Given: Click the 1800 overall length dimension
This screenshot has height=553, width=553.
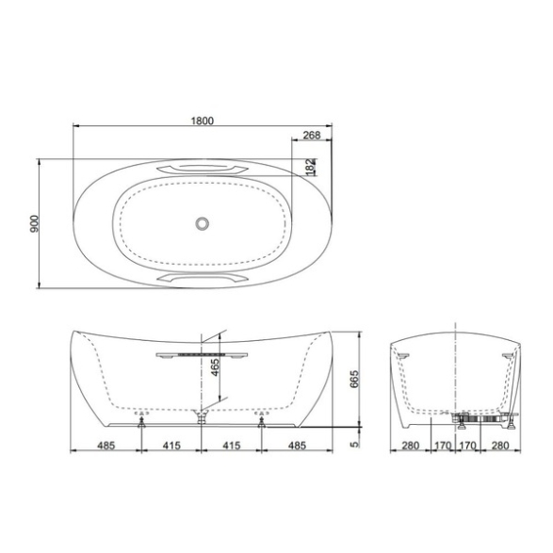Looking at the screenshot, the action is click(203, 121).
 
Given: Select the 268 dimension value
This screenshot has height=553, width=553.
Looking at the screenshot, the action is click(312, 135).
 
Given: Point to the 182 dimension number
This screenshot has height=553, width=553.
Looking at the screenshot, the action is click(310, 167).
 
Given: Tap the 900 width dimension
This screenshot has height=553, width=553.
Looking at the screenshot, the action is click(34, 223).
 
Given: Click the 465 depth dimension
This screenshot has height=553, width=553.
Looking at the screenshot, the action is click(215, 367).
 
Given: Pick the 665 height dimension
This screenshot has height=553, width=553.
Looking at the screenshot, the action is click(354, 379).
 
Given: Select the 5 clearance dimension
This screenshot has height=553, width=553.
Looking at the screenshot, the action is click(354, 445).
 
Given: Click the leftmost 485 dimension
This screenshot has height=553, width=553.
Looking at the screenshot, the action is click(106, 446).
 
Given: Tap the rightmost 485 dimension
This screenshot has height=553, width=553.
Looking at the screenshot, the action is click(297, 446).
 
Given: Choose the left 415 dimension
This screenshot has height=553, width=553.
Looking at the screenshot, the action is click(171, 446).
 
